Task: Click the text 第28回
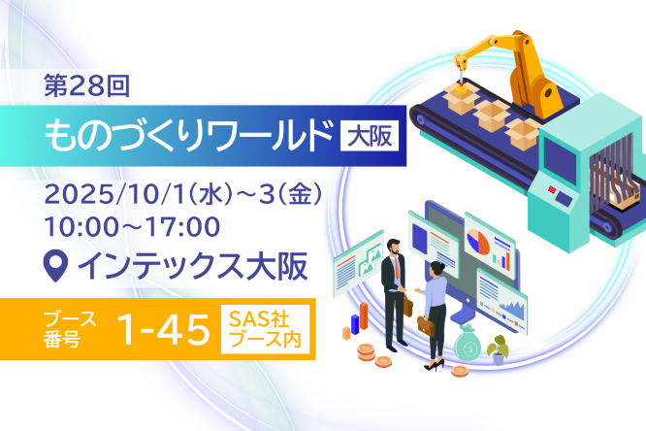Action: pyautogui.click(x=87, y=85)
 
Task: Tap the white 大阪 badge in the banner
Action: pyautogui.click(x=370, y=136)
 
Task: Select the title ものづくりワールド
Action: pyautogui.click(x=188, y=136)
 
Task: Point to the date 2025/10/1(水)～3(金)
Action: pyautogui.click(x=182, y=194)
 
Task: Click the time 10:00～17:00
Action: pyautogui.click(x=132, y=227)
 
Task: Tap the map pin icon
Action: pyautogui.click(x=55, y=266)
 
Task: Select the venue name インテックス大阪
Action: pyautogui.click(x=193, y=266)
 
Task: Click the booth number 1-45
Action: pyautogui.click(x=164, y=329)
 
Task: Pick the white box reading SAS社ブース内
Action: pyautogui.click(x=266, y=329)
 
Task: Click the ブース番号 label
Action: pyautogui.click(x=70, y=329)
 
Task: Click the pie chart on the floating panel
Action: pyautogui.click(x=478, y=242)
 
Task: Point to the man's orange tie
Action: pyautogui.click(x=397, y=266)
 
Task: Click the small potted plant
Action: pyautogui.click(x=499, y=349)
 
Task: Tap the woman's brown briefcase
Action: pyautogui.click(x=426, y=325)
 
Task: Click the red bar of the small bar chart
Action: pyautogui.click(x=364, y=315)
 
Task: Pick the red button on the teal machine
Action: pyautogui.click(x=552, y=189)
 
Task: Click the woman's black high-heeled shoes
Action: pyautogui.click(x=435, y=365)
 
